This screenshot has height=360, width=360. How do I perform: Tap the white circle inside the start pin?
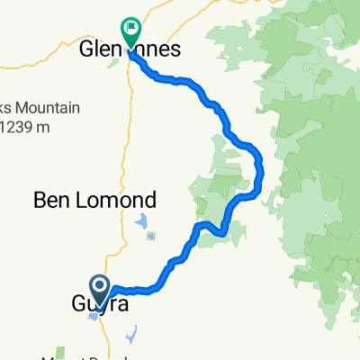pos(100,287)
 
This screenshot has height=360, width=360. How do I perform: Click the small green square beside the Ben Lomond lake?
pos(150,237)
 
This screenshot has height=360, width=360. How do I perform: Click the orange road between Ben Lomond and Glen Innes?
pos(122,135)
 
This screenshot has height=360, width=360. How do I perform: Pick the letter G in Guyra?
pos(78,306)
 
